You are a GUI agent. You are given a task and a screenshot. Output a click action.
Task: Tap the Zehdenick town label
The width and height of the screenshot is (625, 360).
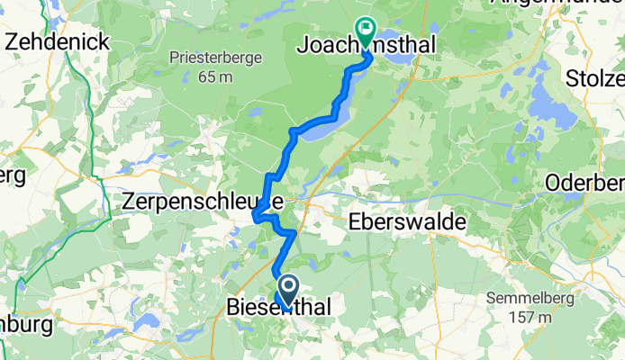[58, 41]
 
